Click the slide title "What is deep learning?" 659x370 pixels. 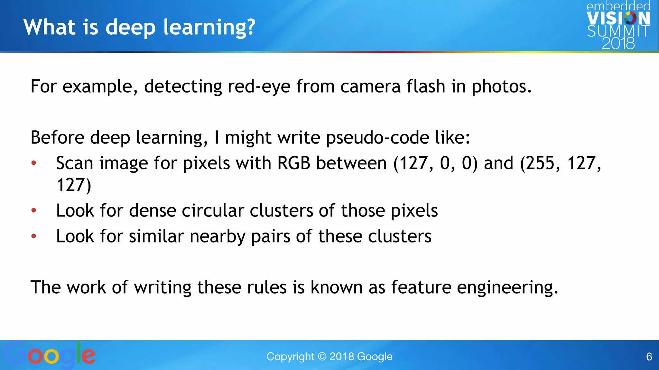[x=139, y=27]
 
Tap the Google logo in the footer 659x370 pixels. [x=50, y=355]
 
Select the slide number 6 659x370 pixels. [x=649, y=357]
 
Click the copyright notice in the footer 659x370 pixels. [x=329, y=357]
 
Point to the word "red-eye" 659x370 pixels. [x=259, y=87]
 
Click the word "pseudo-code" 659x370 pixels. [x=377, y=138]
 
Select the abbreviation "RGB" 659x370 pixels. [x=293, y=163]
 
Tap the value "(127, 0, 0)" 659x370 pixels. [x=435, y=163]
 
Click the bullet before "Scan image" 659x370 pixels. [x=34, y=163]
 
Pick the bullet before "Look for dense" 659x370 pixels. [x=34, y=211]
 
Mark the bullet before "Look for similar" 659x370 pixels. [x=34, y=236]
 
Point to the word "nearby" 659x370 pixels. [x=218, y=237]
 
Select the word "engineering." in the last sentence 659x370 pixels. [x=507, y=288]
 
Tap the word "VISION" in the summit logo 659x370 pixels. [x=618, y=18]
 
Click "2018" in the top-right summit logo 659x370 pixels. [x=618, y=43]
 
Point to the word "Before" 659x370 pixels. [x=57, y=138]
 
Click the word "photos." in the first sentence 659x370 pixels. [x=502, y=87]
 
